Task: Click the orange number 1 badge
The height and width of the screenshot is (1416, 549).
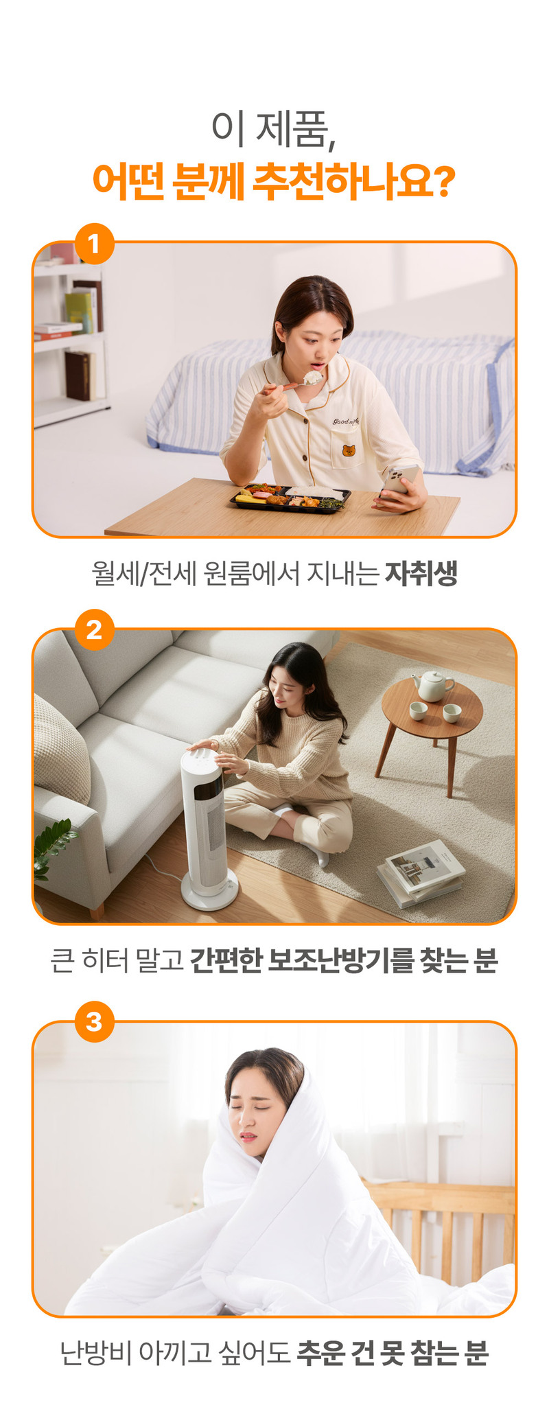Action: coord(94,243)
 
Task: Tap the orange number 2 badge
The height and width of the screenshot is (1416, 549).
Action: coord(94,629)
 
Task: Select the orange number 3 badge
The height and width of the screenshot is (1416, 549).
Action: coord(94,1021)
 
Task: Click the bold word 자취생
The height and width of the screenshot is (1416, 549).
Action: coord(421,573)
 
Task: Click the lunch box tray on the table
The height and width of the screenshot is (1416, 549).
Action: coord(290,496)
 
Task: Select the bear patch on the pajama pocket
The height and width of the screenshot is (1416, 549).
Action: coord(349,451)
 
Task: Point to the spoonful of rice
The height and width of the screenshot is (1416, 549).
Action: coord(313,377)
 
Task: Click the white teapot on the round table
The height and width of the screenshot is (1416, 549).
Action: coord(432,686)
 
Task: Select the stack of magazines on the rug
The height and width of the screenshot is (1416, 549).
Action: coord(421,872)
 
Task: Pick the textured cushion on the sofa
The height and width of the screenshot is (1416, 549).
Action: coord(60,749)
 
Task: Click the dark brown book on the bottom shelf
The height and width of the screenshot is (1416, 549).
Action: coord(78,375)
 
